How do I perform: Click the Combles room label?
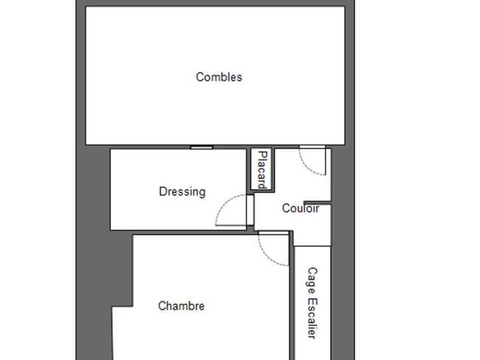pos(219,77)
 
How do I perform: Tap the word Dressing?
pos(182,192)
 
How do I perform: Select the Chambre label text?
pos(181,306)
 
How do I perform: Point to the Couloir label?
pos(301,208)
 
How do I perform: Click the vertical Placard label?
pos(262,170)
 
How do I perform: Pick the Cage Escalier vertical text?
pos(312,303)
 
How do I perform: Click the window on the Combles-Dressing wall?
pos(202,147)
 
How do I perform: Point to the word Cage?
pos(312,281)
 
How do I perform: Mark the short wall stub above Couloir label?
pos(318,203)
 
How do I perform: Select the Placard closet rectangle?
pos(261,169)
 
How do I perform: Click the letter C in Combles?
pos(199,77)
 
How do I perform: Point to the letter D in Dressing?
pos(162,191)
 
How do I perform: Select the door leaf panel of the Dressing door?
pos(250,210)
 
